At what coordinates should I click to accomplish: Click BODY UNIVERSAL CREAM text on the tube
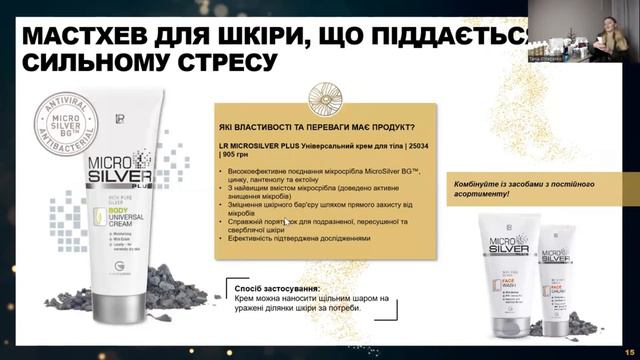pos(121,213)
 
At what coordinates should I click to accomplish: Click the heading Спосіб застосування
pos(269,286)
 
